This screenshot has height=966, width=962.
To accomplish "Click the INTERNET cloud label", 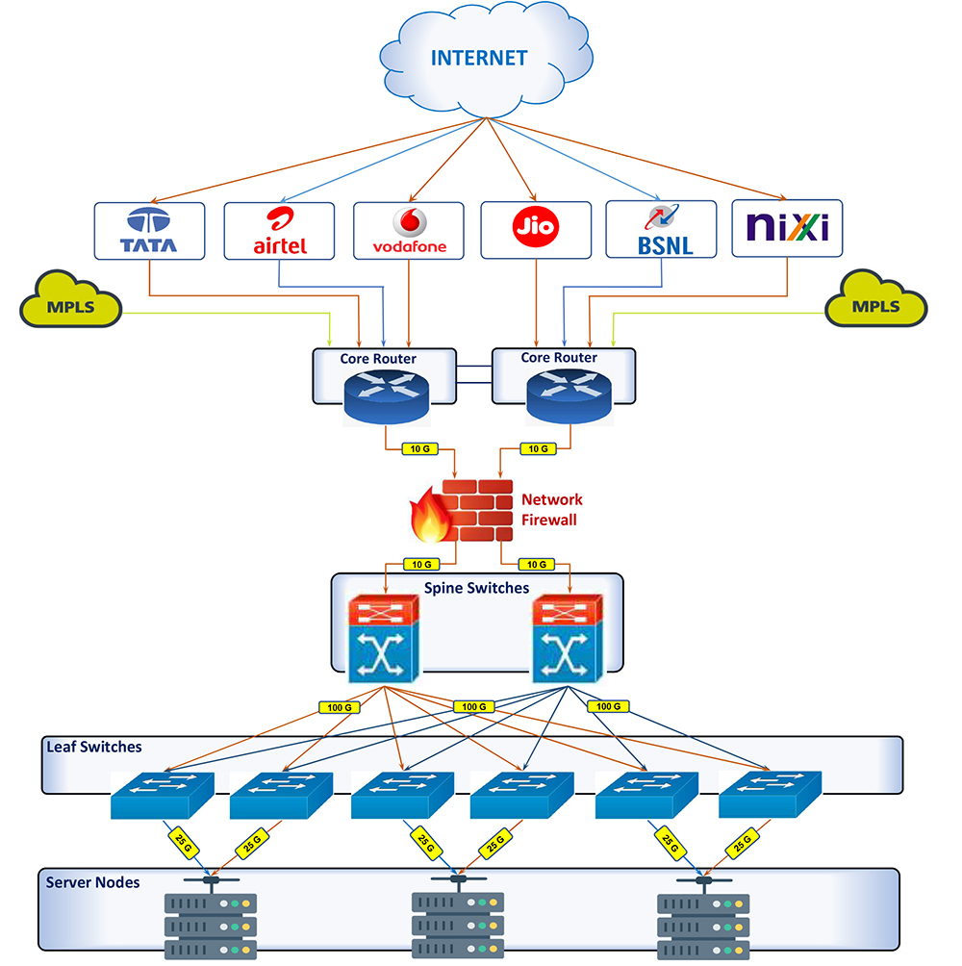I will point(478,58).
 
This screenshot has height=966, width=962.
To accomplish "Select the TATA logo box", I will point(148,231).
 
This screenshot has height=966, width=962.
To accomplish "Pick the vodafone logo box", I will point(409,231).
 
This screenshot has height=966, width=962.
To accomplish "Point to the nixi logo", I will point(786,229).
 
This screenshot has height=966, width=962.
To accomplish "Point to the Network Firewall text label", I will point(552,509).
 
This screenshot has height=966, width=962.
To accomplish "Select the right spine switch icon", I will point(569,640).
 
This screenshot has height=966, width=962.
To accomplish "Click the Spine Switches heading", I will point(476,587).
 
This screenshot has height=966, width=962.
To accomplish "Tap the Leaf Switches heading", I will point(94,747).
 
